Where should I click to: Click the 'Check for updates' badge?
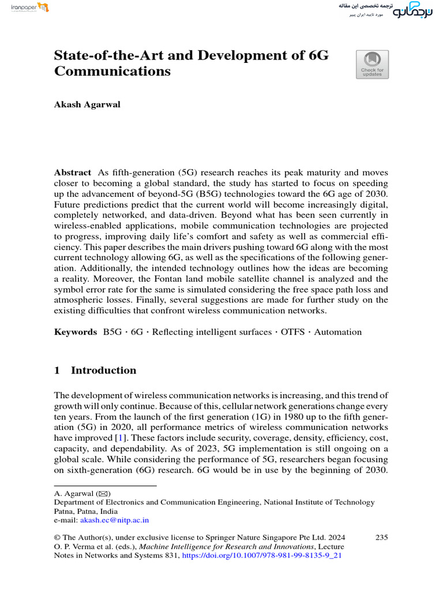click(372, 64)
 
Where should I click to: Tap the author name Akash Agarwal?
click(87, 104)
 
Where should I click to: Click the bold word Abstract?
click(73, 173)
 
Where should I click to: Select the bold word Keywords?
click(75, 332)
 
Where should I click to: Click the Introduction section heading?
click(103, 371)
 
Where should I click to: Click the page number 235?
click(381, 537)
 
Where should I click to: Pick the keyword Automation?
click(339, 332)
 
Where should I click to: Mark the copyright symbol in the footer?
click(57, 538)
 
